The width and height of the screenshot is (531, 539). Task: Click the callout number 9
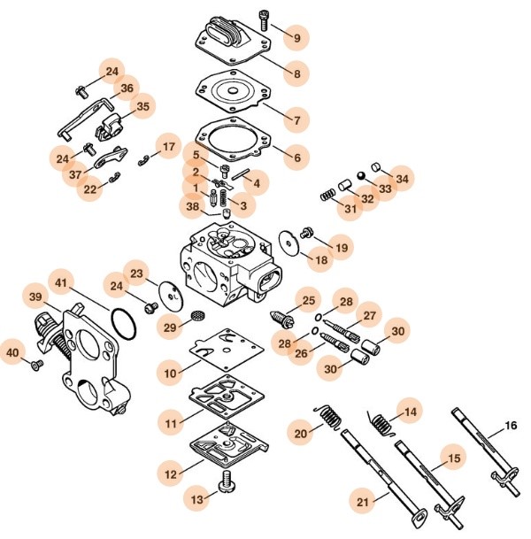297,38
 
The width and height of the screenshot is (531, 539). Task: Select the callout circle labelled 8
297,73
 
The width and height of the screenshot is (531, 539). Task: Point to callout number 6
297,158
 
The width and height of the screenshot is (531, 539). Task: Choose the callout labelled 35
142,107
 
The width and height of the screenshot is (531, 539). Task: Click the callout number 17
168,146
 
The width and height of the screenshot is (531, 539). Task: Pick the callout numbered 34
403,178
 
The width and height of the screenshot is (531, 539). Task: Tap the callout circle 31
351,209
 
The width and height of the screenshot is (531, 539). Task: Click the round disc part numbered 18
288,241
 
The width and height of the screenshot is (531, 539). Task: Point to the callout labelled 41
61,281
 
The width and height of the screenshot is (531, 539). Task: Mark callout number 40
13,351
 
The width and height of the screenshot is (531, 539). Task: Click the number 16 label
510,426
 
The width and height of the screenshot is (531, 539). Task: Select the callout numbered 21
362,502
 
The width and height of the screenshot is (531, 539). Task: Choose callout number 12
170,474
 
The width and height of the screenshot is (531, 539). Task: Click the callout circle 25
309,302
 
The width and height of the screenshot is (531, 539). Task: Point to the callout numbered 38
193,207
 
